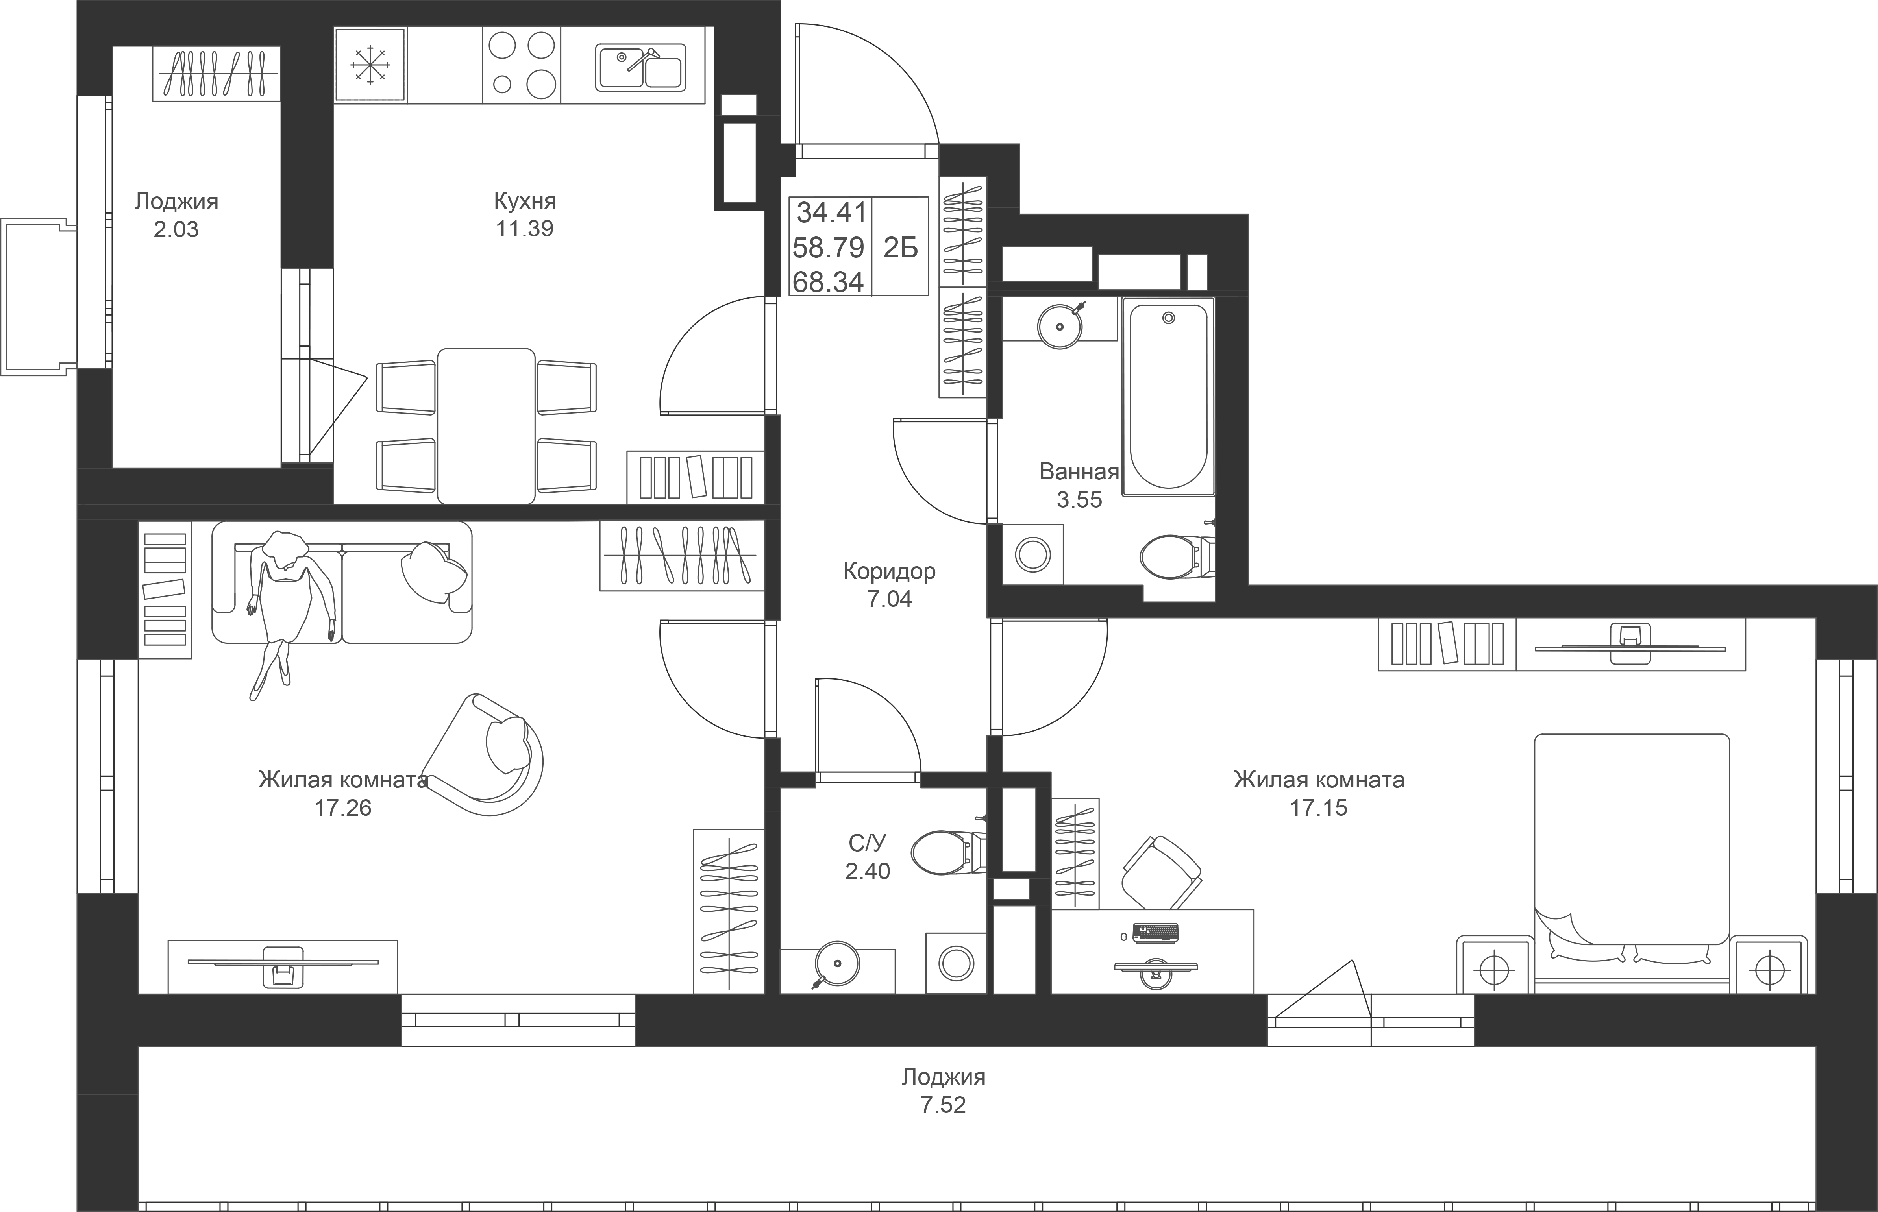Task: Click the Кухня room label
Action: click(x=525, y=201)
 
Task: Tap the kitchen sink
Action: click(x=640, y=67)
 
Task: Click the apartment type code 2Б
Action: click(x=901, y=248)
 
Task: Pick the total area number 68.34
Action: click(x=828, y=282)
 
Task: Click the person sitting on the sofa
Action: click(x=283, y=598)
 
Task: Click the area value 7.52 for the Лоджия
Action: click(x=943, y=1105)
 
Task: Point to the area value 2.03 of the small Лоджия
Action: click(x=176, y=230)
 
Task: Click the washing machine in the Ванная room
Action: click(x=1032, y=555)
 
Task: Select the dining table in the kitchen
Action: click(x=487, y=426)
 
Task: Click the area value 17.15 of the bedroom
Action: click(x=1318, y=807)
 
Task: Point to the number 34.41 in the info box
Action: click(x=831, y=212)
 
